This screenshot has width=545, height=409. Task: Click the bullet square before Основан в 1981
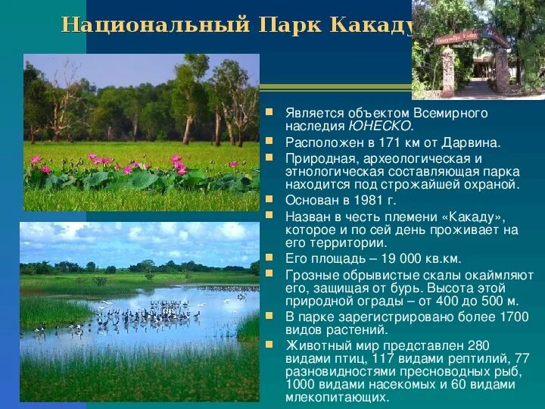point(269,198)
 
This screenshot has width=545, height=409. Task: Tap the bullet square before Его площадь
point(269,257)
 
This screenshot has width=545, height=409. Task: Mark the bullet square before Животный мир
point(269,344)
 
